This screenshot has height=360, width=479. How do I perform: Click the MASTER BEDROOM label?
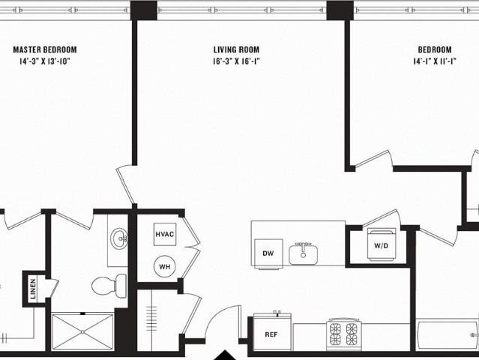[45, 49]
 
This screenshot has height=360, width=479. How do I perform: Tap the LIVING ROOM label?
[236, 49]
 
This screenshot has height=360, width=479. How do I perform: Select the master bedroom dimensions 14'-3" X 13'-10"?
[45, 61]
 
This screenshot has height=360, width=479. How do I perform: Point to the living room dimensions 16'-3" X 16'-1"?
[236, 61]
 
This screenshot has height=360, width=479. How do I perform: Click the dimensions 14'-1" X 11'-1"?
[435, 61]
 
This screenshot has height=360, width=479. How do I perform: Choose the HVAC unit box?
[165, 235]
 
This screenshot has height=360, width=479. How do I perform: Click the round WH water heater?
[165, 266]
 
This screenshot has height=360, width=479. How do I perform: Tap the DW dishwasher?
[268, 253]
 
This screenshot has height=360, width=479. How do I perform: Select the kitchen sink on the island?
[303, 253]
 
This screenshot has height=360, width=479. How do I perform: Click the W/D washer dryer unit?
[382, 244]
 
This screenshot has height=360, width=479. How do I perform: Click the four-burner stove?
[343, 334]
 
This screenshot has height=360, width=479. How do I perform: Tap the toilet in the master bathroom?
[109, 286]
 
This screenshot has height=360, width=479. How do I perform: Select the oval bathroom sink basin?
[119, 239]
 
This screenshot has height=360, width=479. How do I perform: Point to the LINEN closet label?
[33, 289]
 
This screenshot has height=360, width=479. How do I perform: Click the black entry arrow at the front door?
[225, 355]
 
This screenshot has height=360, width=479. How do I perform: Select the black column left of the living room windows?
[144, 10]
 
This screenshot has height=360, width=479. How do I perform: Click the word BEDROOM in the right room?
[435, 49]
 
